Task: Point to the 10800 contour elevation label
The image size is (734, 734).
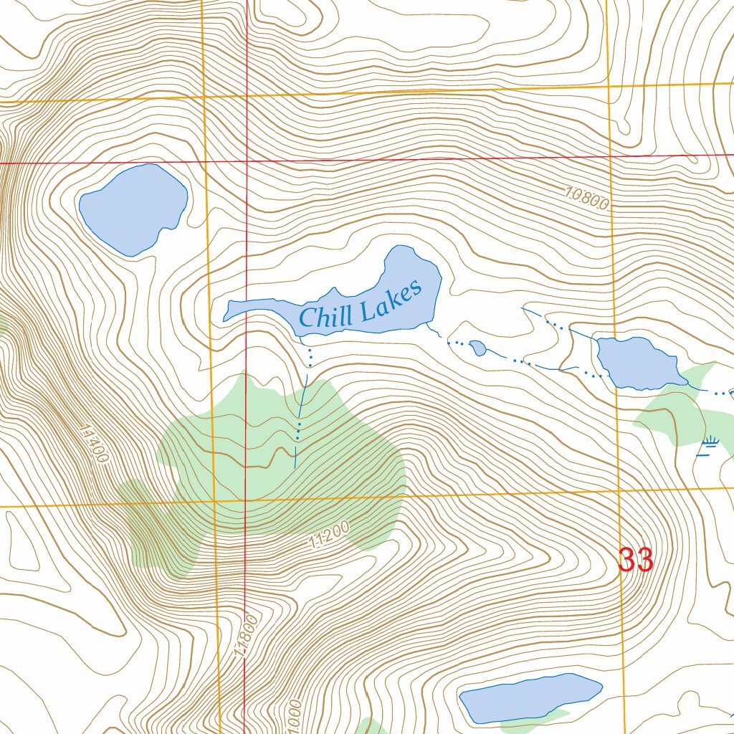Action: [x=586, y=198]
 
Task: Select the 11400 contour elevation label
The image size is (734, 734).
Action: [x=95, y=444]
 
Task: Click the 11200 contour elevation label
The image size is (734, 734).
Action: [x=330, y=535]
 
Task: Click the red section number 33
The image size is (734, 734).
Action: [x=636, y=560]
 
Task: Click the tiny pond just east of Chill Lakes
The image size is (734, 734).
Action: [x=478, y=348]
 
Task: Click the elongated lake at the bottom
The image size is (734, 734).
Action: [x=530, y=696]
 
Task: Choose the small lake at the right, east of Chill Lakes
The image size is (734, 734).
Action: [x=639, y=363]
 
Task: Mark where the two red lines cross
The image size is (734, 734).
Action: [x=247, y=162]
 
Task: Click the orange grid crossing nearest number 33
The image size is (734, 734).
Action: [x=619, y=491]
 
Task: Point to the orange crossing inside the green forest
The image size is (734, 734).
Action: [x=214, y=500]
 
